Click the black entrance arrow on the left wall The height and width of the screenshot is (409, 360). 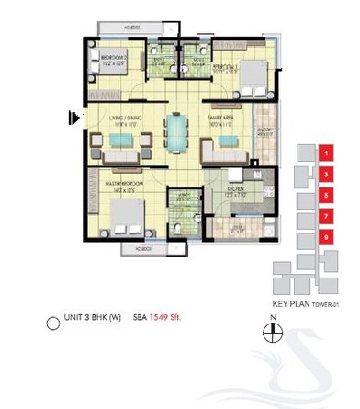click(x=72, y=117)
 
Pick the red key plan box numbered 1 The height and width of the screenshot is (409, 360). click(x=326, y=153)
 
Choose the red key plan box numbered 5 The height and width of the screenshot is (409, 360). click(x=326, y=195)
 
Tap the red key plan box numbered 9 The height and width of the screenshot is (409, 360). click(x=326, y=238)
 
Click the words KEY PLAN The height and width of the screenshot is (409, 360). click(x=293, y=303)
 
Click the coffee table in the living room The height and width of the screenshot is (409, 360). click(x=121, y=140)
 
